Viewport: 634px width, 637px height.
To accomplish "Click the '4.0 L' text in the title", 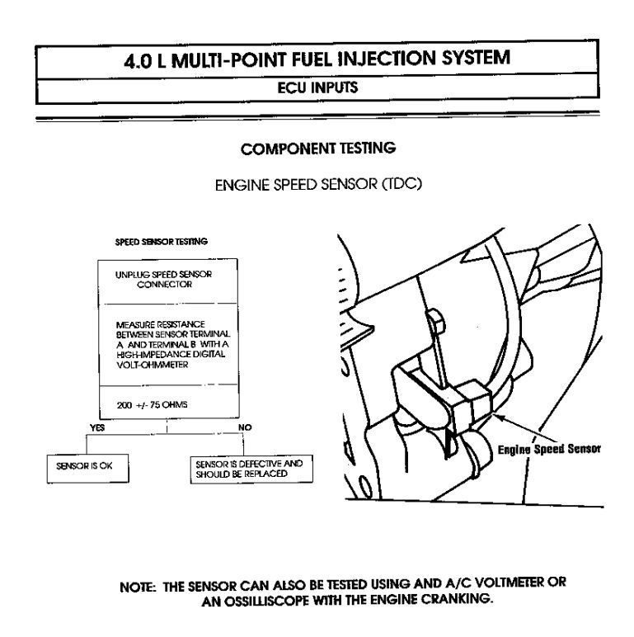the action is click(x=145, y=61).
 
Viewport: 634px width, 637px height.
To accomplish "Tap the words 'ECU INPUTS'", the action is click(x=317, y=87).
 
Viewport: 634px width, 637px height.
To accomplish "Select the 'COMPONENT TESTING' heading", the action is click(x=318, y=149).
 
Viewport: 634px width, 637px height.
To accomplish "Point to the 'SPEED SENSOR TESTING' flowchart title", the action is click(x=161, y=242).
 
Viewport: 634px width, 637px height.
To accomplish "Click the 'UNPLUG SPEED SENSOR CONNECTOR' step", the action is click(x=163, y=279).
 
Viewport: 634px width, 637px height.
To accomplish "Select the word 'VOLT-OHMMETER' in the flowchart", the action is click(x=153, y=365).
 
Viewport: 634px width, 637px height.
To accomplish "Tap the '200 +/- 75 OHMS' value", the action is click(x=153, y=405).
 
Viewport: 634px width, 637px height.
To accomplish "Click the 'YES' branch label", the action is click(x=97, y=427).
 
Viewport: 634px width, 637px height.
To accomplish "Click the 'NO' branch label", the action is click(x=245, y=427).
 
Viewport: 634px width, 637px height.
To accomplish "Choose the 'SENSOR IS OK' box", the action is click(x=87, y=469).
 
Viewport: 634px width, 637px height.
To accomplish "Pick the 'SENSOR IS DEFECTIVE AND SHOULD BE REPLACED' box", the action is click(x=251, y=469).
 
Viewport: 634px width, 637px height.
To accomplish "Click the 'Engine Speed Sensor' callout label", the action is click(x=549, y=449).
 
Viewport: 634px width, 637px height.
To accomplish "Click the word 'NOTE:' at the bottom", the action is click(x=138, y=587).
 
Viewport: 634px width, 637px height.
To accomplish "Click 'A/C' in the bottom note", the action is click(x=458, y=584).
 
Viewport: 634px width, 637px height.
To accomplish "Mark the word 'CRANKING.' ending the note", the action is click(x=457, y=599).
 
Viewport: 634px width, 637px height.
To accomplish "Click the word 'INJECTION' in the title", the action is click(x=387, y=58).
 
